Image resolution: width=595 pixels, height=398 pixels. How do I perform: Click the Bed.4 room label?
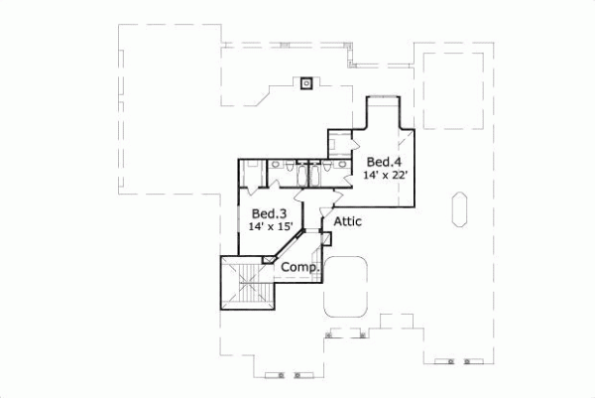pos(383,162)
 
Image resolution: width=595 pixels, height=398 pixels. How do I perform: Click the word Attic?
pos(347,221)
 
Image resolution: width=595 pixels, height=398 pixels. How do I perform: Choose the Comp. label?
pos(299,267)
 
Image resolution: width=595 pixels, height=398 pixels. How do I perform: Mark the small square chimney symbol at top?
pos(306,83)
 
